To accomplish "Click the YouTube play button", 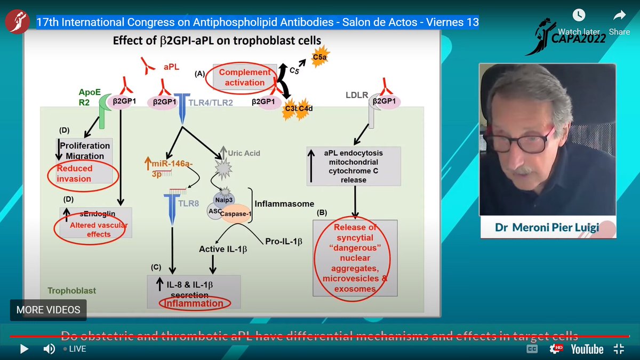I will [x=24, y=349].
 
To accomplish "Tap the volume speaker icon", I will [x=49, y=349].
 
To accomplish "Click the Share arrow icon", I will [x=619, y=15].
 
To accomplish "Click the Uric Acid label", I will [x=244, y=153].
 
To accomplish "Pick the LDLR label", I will [x=357, y=96].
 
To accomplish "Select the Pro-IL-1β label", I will [x=283, y=242].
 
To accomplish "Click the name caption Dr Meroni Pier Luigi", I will [x=547, y=227].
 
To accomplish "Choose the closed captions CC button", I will [x=532, y=349].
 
